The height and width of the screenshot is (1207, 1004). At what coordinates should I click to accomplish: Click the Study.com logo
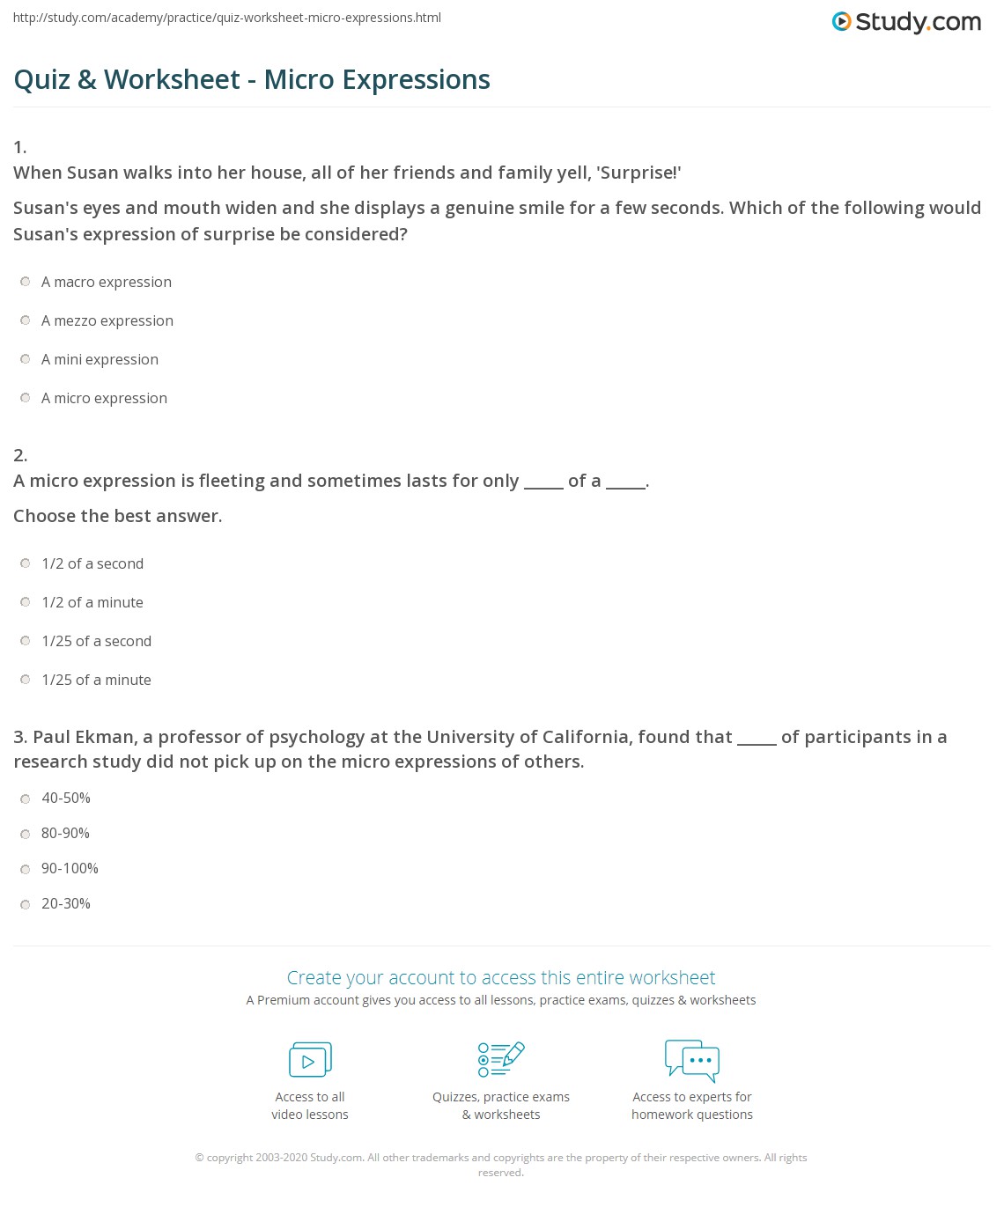906,22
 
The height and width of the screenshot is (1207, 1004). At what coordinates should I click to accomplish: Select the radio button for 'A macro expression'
26,282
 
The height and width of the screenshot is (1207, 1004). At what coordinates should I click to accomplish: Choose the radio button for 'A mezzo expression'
26,320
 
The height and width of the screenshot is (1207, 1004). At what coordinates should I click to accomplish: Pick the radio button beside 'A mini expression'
26,359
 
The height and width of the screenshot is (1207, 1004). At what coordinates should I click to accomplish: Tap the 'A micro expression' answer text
104,398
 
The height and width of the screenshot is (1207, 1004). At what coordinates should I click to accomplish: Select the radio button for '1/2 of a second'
26,563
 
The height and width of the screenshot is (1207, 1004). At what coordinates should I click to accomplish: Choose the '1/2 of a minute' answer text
92,602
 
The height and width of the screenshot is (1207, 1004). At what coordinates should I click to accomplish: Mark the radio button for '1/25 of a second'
26,641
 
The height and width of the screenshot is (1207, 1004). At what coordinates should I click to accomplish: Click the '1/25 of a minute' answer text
96,680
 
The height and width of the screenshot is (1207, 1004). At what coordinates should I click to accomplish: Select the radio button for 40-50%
26,799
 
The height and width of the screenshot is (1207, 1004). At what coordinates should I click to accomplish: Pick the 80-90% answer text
65,833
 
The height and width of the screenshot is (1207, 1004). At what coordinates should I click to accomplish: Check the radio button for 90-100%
26,869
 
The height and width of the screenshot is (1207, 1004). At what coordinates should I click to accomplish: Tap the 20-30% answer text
65,903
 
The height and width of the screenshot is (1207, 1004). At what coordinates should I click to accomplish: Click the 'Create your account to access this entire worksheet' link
501,977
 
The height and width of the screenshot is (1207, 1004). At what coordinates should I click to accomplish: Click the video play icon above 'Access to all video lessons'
310,1060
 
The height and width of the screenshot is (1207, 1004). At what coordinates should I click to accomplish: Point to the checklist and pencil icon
501,1059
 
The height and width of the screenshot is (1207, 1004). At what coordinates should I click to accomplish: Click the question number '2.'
20,455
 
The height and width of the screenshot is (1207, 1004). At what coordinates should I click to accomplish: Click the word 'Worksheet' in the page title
172,79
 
